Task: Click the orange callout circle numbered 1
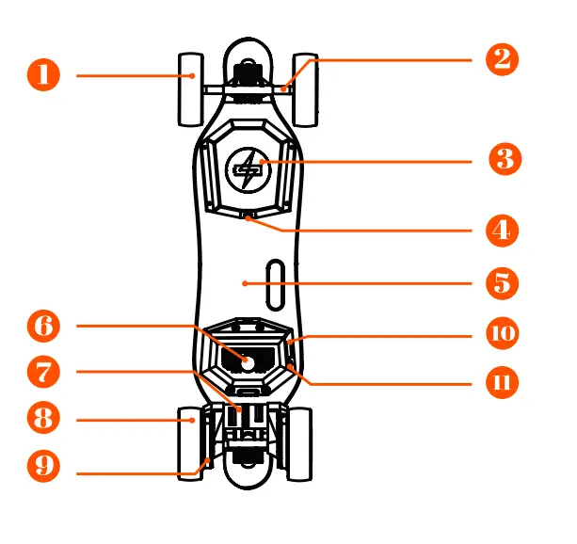click(43, 74)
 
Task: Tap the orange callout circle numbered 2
click(503, 59)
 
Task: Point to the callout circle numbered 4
click(503, 230)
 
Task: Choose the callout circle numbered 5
click(503, 282)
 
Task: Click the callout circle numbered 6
click(43, 327)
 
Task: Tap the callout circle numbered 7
click(43, 372)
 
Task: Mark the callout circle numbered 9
click(43, 465)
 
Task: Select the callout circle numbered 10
click(503, 333)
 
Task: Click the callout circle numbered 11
click(503, 383)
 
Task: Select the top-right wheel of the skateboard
click(306, 89)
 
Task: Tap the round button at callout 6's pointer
click(247, 360)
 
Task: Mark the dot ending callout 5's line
click(245, 282)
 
